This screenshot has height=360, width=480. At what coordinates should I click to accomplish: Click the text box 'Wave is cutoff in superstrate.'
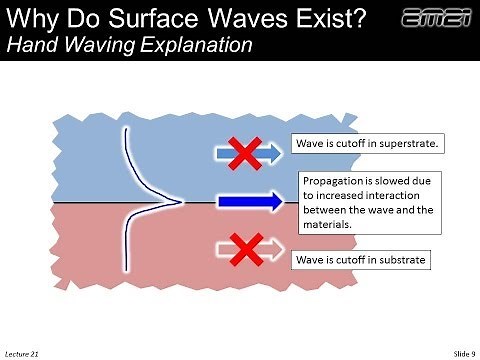(366, 144)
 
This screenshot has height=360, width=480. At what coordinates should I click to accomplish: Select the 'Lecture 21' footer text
(23, 353)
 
